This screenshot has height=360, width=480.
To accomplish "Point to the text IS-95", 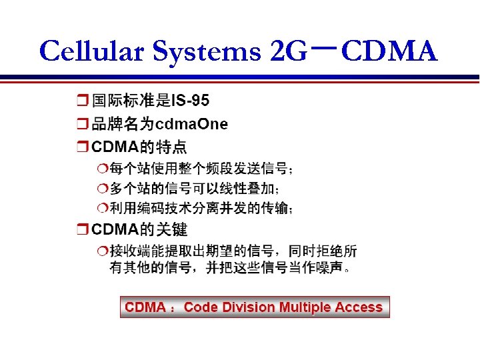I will (x=190, y=101).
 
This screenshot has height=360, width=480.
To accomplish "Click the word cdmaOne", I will (x=191, y=124).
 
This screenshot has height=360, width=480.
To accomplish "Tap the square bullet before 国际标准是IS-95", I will (x=82, y=101).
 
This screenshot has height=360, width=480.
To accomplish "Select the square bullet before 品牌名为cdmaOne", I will (x=82, y=125).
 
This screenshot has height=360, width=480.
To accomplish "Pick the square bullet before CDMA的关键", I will (x=82, y=231).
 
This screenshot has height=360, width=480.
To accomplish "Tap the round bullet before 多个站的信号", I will (x=101, y=189).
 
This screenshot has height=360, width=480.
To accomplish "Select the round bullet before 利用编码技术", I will (x=101, y=209).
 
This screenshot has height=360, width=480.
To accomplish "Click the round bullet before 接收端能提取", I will (x=101, y=251).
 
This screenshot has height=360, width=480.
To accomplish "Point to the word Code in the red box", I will (x=201, y=307).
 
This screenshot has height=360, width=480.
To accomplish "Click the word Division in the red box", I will (x=248, y=307).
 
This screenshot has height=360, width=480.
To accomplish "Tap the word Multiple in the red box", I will (x=305, y=307).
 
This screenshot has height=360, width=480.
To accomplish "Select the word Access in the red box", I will (x=359, y=307).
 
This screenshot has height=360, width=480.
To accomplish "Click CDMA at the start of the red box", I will (x=145, y=307).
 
